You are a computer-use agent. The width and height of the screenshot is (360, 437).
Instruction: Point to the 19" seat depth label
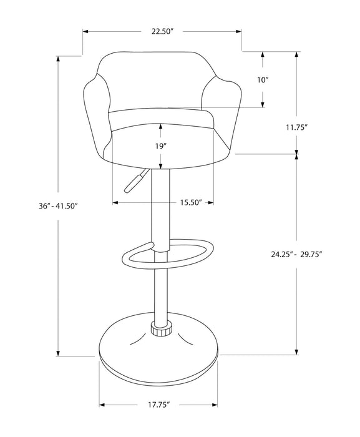tap(161, 146)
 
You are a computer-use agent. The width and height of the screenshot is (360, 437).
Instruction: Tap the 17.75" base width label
tap(159, 404)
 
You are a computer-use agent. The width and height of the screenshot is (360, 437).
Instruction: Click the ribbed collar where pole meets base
tap(160, 328)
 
